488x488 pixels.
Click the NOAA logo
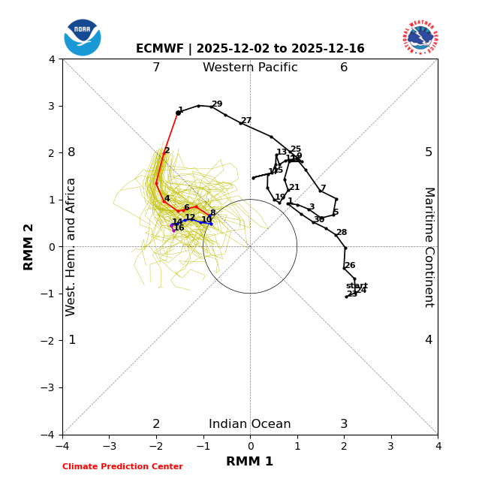pyautogui.click(x=83, y=38)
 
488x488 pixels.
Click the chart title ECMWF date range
pyautogui.click(x=250, y=49)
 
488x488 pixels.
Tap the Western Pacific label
pyautogui.click(x=250, y=68)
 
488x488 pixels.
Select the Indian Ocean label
pyautogui.click(x=250, y=424)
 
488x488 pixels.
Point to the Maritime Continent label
pyautogui.click(x=429, y=247)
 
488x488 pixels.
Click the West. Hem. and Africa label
pyautogui.click(x=71, y=247)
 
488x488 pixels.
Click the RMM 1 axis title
pyautogui.click(x=250, y=462)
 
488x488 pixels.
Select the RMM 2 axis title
pyautogui.click(x=29, y=246)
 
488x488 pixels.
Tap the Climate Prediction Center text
pyautogui.click(x=122, y=467)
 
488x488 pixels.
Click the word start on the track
pyautogui.click(x=357, y=286)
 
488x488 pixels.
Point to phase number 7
pyautogui.click(x=156, y=68)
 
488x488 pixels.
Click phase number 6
pyautogui.click(x=344, y=68)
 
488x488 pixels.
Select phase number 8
pyautogui.click(x=71, y=152)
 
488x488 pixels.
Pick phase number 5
pyautogui.click(x=429, y=152)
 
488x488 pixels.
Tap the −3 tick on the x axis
pyautogui.click(x=109, y=446)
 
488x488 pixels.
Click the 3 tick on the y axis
pyautogui.click(x=52, y=106)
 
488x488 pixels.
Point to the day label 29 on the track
pyautogui.click(x=217, y=104)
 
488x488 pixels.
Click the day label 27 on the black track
pyautogui.click(x=246, y=121)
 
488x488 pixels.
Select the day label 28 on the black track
pyautogui.click(x=342, y=233)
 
